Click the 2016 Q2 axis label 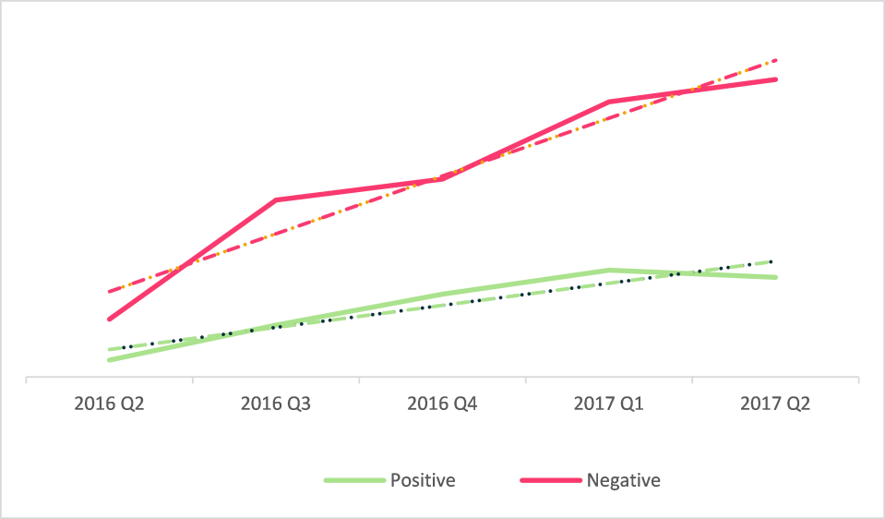pos(109,404)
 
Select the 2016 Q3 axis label pos(276,404)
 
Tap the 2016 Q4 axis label pos(442,404)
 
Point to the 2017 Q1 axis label pos(609,404)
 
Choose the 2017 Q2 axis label pos(775,404)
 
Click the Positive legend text pos(423,480)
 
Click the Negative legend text pos(623,480)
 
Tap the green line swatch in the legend pos(353,480)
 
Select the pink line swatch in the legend pos(550,480)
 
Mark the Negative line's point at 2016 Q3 pos(276,199)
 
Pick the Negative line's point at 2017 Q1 pos(609,102)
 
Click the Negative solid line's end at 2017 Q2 pos(776,79)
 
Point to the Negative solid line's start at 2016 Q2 pos(109,320)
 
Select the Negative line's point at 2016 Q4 pos(442,179)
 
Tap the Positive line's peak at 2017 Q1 pos(609,270)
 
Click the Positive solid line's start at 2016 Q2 pos(109,360)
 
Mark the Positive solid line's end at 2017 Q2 pos(776,277)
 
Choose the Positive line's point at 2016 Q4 pos(442,295)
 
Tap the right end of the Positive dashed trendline pos(773,261)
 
